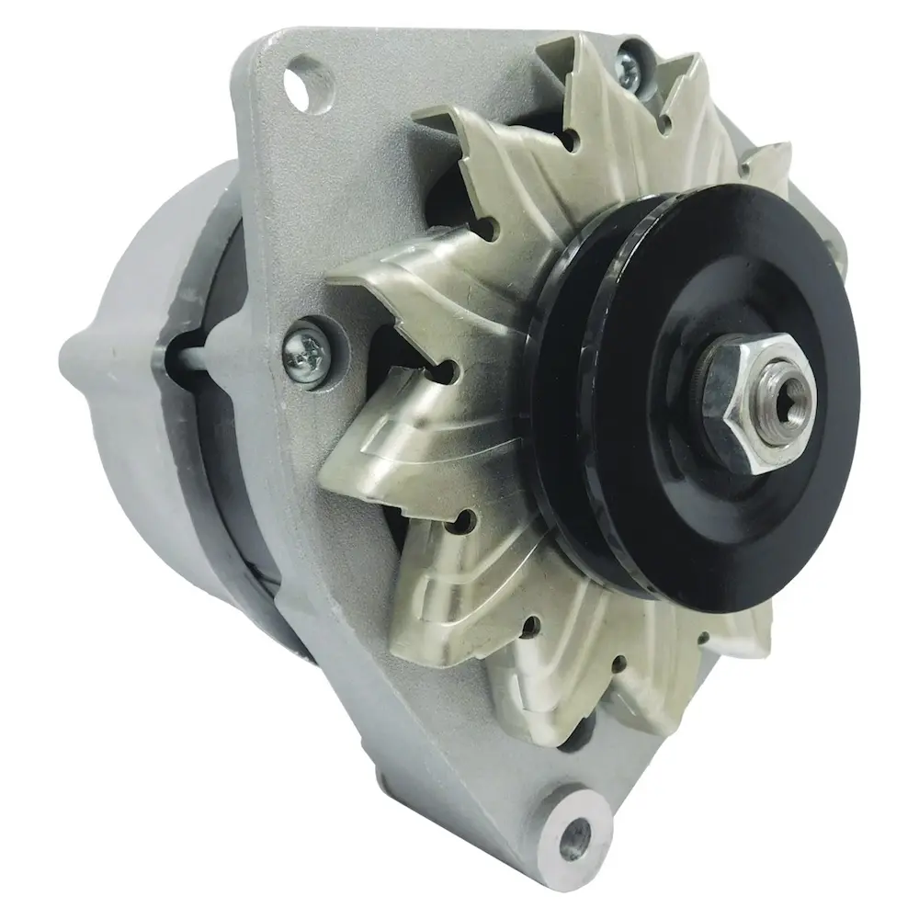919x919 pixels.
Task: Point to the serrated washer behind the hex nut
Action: (708, 377)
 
